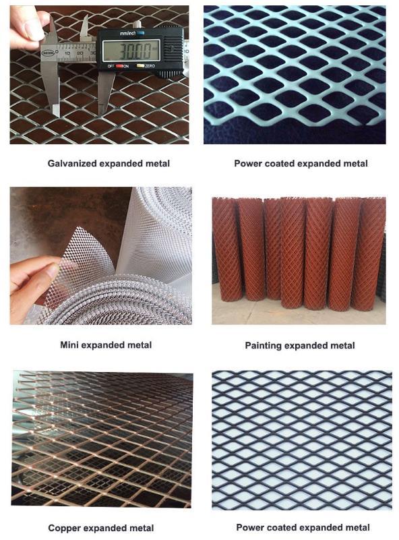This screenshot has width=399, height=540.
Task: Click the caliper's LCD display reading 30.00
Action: tap(131, 51)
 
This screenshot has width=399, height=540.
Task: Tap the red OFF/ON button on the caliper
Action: tap(119, 66)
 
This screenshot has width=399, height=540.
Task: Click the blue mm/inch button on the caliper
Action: tap(141, 33)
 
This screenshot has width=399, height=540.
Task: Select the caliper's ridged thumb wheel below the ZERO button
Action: tap(169, 73)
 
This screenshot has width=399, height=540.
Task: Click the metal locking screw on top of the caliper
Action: tap(137, 25)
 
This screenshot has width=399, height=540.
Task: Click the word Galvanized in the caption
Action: tap(72, 164)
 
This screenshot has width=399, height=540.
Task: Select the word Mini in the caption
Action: tap(69, 344)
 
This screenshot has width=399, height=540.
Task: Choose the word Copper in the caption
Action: tap(65, 528)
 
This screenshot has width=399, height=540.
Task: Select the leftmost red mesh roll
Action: tap(226, 249)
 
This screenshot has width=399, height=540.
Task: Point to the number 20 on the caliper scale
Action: tap(80, 53)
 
